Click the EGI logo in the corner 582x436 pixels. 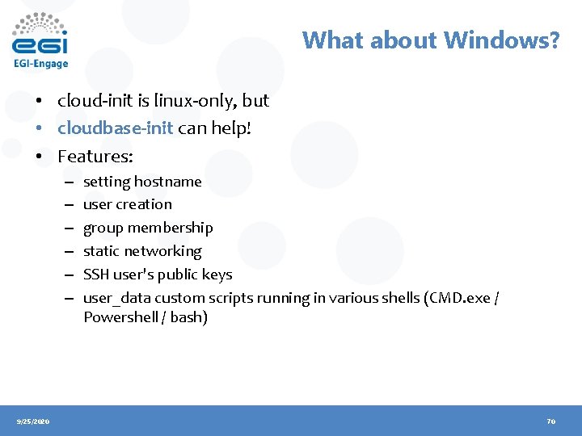pyautogui.click(x=40, y=34)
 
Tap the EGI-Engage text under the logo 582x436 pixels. pyautogui.click(x=40, y=64)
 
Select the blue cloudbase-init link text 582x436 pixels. pyautogui.click(x=116, y=128)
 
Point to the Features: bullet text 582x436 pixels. pyautogui.click(x=95, y=155)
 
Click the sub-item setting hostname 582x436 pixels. pyautogui.click(x=142, y=182)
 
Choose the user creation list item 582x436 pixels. pyautogui.click(x=128, y=205)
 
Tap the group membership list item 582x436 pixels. pyautogui.click(x=148, y=228)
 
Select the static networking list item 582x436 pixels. pyautogui.click(x=142, y=252)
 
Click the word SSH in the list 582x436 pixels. pyautogui.click(x=97, y=275)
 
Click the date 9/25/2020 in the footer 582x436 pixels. pyautogui.click(x=33, y=421)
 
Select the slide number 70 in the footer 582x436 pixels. pyautogui.click(x=551, y=421)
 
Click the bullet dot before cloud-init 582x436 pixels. pyautogui.click(x=38, y=102)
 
